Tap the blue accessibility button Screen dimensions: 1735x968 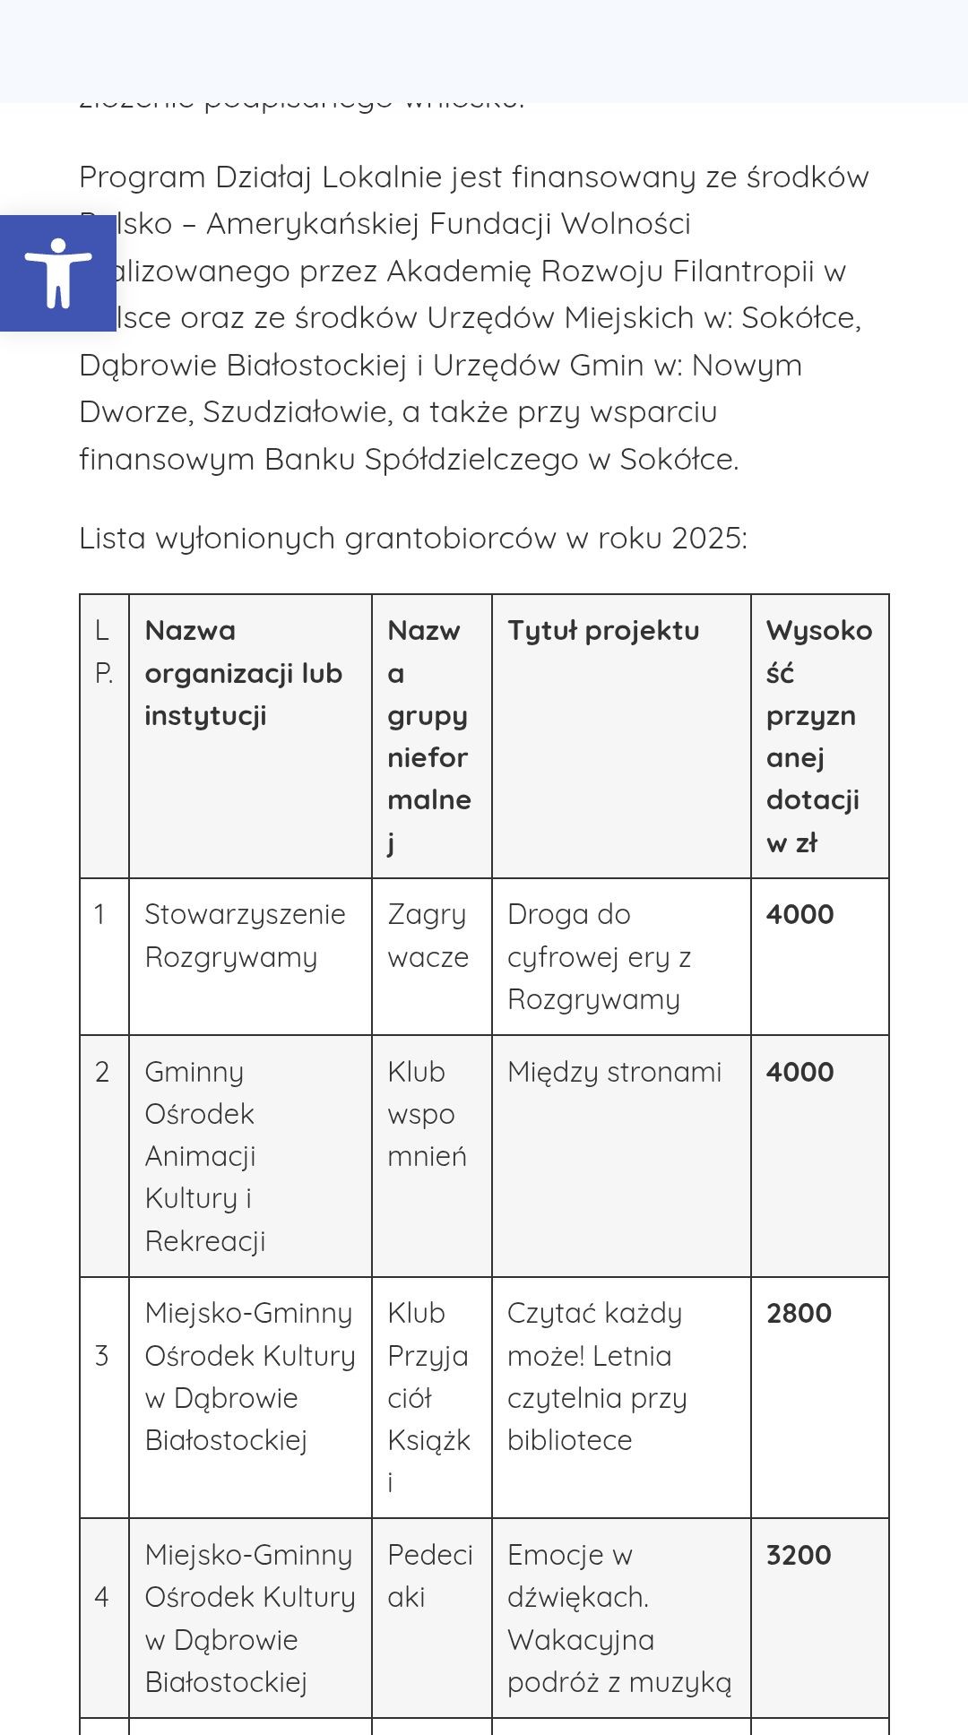coord(58,272)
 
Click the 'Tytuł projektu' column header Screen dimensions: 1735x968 coord(603,630)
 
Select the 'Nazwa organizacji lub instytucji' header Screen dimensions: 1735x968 coord(243,672)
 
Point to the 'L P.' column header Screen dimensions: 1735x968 coord(103,652)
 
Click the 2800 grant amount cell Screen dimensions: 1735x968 coord(799,1313)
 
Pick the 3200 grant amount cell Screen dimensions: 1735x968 coord(799,1555)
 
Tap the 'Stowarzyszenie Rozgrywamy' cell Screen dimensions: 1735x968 coord(245,936)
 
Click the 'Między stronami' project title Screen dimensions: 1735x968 coord(614,1072)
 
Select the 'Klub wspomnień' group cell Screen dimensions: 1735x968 coord(427,1114)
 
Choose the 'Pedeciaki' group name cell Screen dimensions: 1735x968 coord(429,1575)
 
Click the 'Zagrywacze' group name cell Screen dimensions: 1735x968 coord(428,936)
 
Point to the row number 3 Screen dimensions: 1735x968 coord(102,1355)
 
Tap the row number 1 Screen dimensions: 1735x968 coord(99,914)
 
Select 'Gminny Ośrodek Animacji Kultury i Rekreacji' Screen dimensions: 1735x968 coord(205,1156)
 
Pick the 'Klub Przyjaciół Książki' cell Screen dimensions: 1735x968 coord(428,1397)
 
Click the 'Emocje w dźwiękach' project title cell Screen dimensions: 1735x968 coord(618,1618)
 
